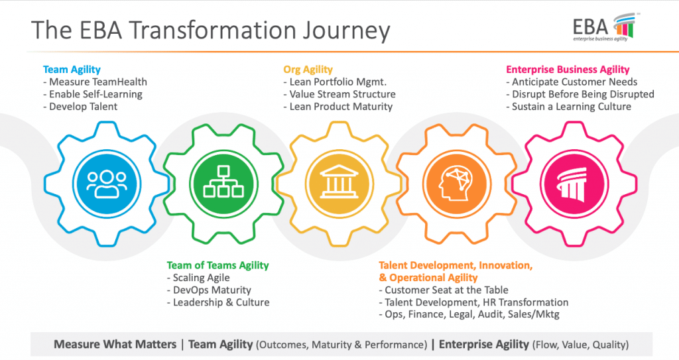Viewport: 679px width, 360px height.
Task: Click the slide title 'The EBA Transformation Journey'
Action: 210,30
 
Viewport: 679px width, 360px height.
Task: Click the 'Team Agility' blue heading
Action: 72,69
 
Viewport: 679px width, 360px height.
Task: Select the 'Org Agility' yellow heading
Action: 308,69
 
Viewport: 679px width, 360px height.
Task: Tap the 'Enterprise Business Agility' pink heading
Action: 568,69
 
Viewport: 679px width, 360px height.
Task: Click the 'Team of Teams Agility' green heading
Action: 217,265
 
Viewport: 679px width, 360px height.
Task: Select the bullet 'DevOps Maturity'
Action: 210,290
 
